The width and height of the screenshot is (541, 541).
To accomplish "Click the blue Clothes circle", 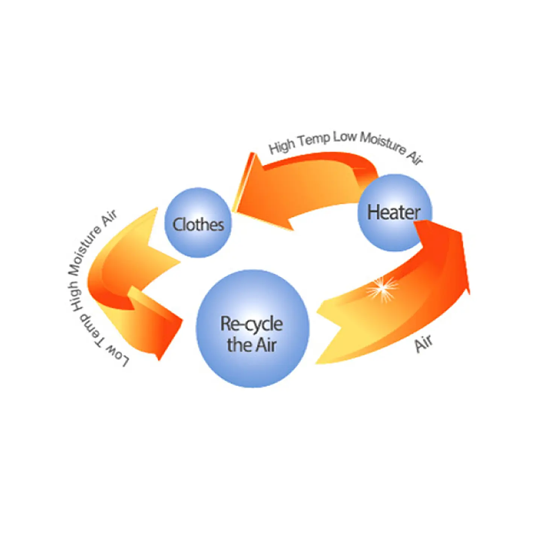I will tap(198, 223).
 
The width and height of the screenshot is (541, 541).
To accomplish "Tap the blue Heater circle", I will tap(394, 212).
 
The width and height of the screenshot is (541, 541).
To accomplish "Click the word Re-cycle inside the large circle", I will tap(252, 324).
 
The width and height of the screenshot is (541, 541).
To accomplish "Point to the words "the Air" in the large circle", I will tap(252, 345).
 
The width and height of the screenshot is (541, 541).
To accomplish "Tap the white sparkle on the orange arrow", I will tap(382, 288).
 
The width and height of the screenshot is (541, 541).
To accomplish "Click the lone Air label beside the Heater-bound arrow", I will tap(423, 343).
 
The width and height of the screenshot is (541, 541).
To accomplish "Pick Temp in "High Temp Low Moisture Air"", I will tap(314, 139).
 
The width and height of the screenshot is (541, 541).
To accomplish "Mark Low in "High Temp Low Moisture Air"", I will tap(344, 137).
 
